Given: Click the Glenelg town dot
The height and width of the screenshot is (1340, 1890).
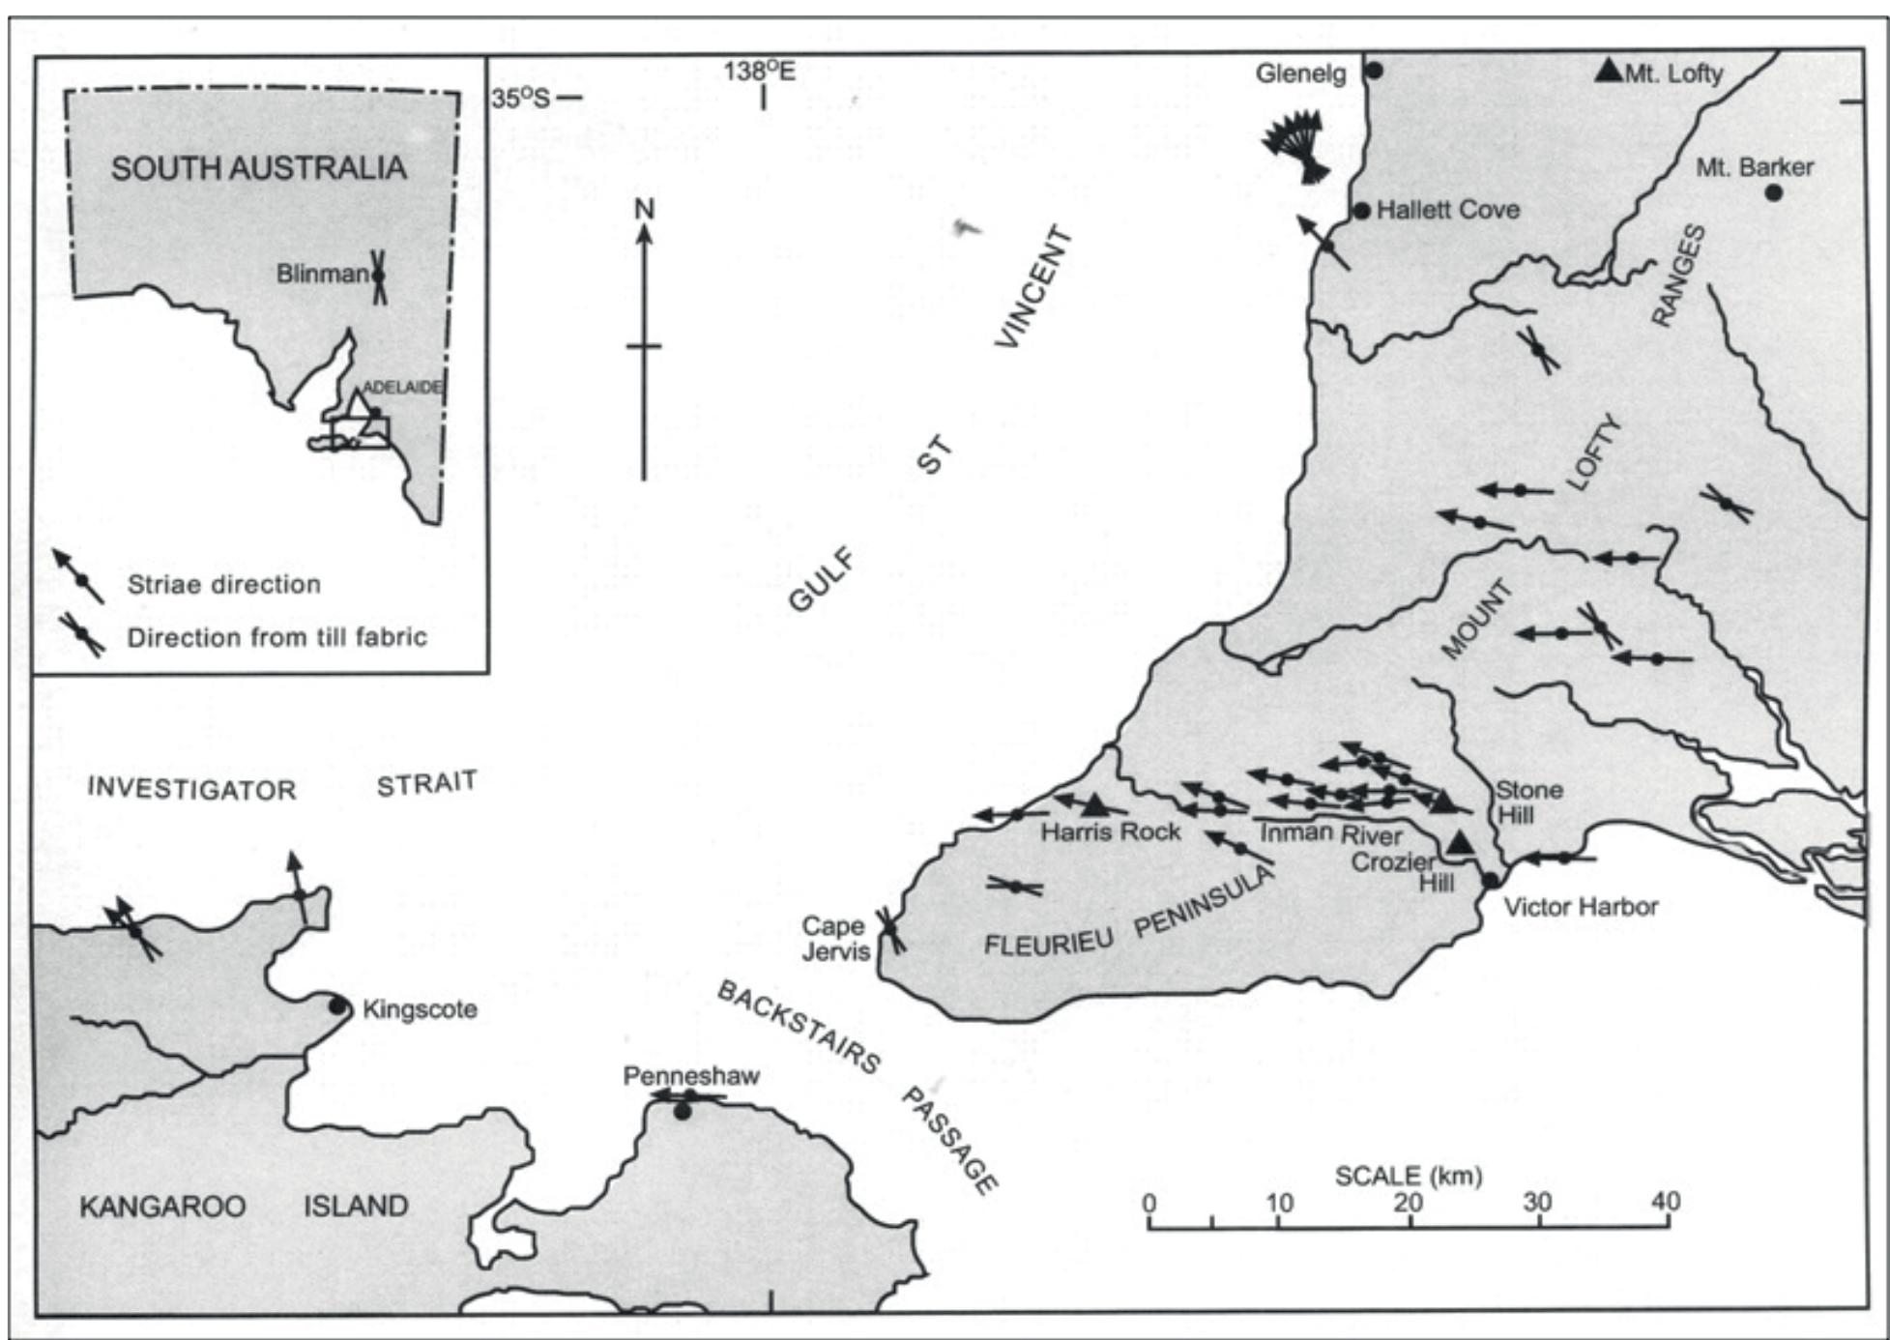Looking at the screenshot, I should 1374,71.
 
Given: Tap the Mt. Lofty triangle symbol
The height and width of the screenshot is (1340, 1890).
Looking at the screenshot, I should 1608,70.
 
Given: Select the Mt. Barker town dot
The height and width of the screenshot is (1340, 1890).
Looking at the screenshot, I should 1773,192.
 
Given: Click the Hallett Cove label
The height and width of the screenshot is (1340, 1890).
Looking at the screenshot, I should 1447,210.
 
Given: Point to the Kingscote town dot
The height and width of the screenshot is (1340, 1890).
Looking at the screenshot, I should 337,1006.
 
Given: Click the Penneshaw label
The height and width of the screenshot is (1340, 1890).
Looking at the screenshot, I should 690,1076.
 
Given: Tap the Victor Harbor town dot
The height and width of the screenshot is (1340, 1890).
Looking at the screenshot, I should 1491,881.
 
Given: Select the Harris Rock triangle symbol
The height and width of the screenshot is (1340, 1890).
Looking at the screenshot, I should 1094,804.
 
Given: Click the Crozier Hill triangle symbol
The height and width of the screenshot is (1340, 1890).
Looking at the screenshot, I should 1460,843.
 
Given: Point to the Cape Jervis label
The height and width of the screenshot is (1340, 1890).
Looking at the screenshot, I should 834,939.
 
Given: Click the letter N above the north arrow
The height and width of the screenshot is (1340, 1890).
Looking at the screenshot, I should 644,209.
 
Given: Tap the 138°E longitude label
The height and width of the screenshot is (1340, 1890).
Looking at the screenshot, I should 760,71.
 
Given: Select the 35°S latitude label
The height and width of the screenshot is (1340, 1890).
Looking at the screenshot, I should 521,98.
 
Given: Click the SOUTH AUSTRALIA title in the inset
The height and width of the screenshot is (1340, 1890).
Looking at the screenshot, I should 258,168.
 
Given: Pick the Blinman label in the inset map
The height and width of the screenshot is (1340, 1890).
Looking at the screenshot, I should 321,275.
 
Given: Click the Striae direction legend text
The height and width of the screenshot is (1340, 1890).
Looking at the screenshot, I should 223,584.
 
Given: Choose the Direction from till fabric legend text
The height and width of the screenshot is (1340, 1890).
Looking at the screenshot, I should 276,638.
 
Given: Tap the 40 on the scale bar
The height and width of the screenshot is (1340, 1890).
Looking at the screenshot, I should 1665,1202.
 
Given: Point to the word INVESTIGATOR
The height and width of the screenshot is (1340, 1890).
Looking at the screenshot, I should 191,789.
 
